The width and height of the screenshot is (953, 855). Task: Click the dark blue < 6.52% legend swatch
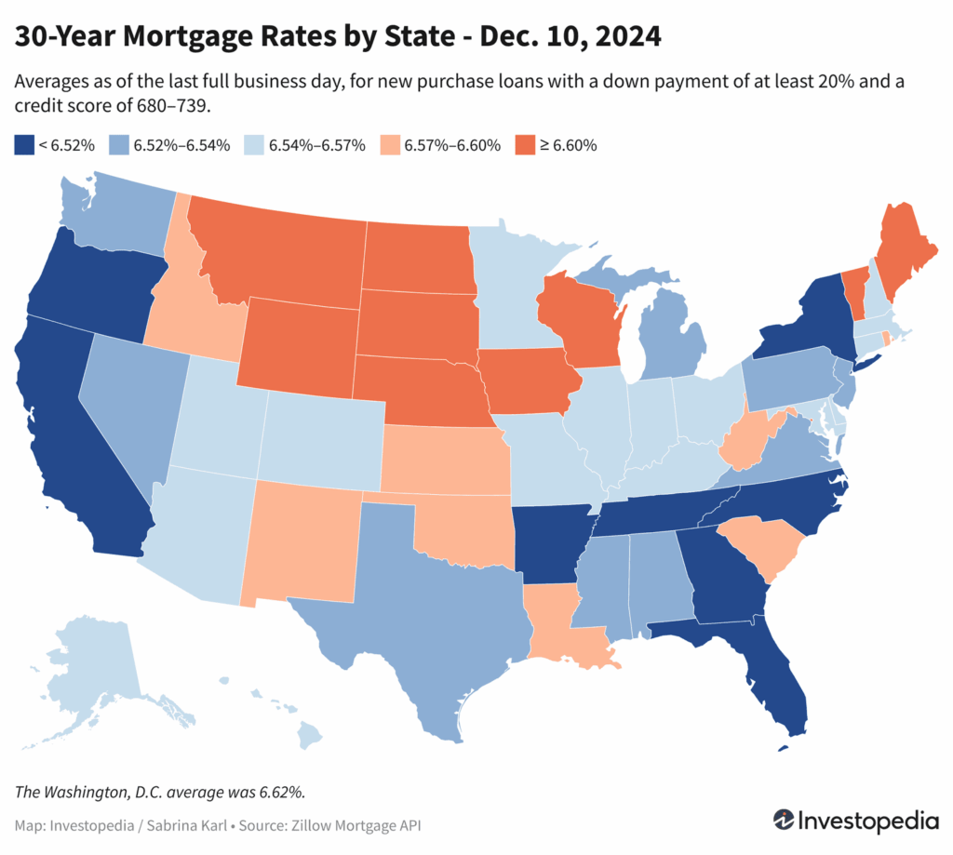click(23, 144)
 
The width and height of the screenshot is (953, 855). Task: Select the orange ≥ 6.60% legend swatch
click(522, 144)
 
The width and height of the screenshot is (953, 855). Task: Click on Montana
click(279, 251)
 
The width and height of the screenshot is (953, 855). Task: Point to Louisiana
click(563, 628)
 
